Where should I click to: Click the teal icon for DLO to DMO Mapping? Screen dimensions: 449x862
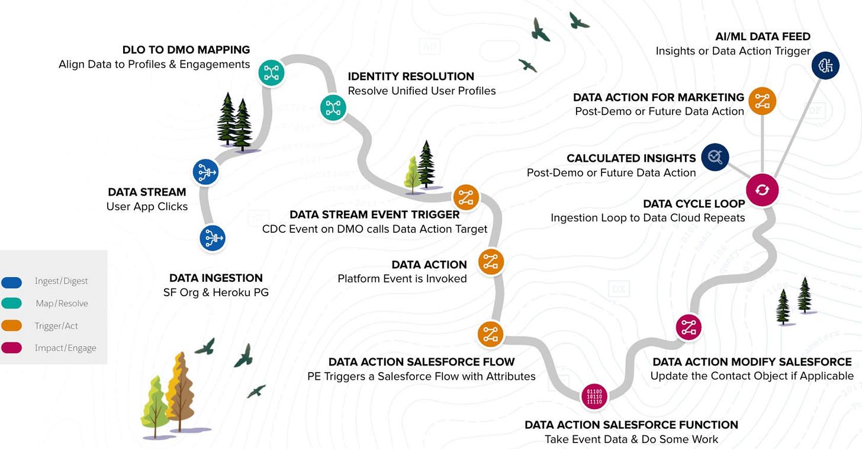(272, 72)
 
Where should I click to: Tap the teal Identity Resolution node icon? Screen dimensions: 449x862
(333, 108)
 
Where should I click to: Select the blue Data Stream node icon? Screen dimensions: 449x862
(206, 172)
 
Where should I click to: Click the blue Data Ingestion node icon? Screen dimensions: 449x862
(213, 238)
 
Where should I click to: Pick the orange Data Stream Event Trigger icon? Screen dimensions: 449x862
(466, 197)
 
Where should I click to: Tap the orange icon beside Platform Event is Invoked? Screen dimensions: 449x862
(491, 262)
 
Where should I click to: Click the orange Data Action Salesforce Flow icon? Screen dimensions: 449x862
(491, 334)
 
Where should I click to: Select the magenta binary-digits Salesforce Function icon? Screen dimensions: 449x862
(594, 396)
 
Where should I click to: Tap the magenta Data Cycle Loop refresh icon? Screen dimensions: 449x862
(762, 190)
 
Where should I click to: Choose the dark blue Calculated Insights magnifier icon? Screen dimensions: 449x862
(715, 156)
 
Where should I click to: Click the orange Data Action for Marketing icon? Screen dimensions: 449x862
(762, 101)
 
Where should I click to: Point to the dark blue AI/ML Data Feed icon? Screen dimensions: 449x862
(825, 66)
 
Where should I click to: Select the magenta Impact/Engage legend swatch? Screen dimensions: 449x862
(12, 348)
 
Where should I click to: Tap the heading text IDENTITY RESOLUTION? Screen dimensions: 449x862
(411, 76)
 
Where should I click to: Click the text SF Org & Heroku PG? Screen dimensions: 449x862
(215, 292)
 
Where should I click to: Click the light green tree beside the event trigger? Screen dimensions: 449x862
(413, 175)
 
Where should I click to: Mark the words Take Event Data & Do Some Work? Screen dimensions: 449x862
(631, 439)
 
